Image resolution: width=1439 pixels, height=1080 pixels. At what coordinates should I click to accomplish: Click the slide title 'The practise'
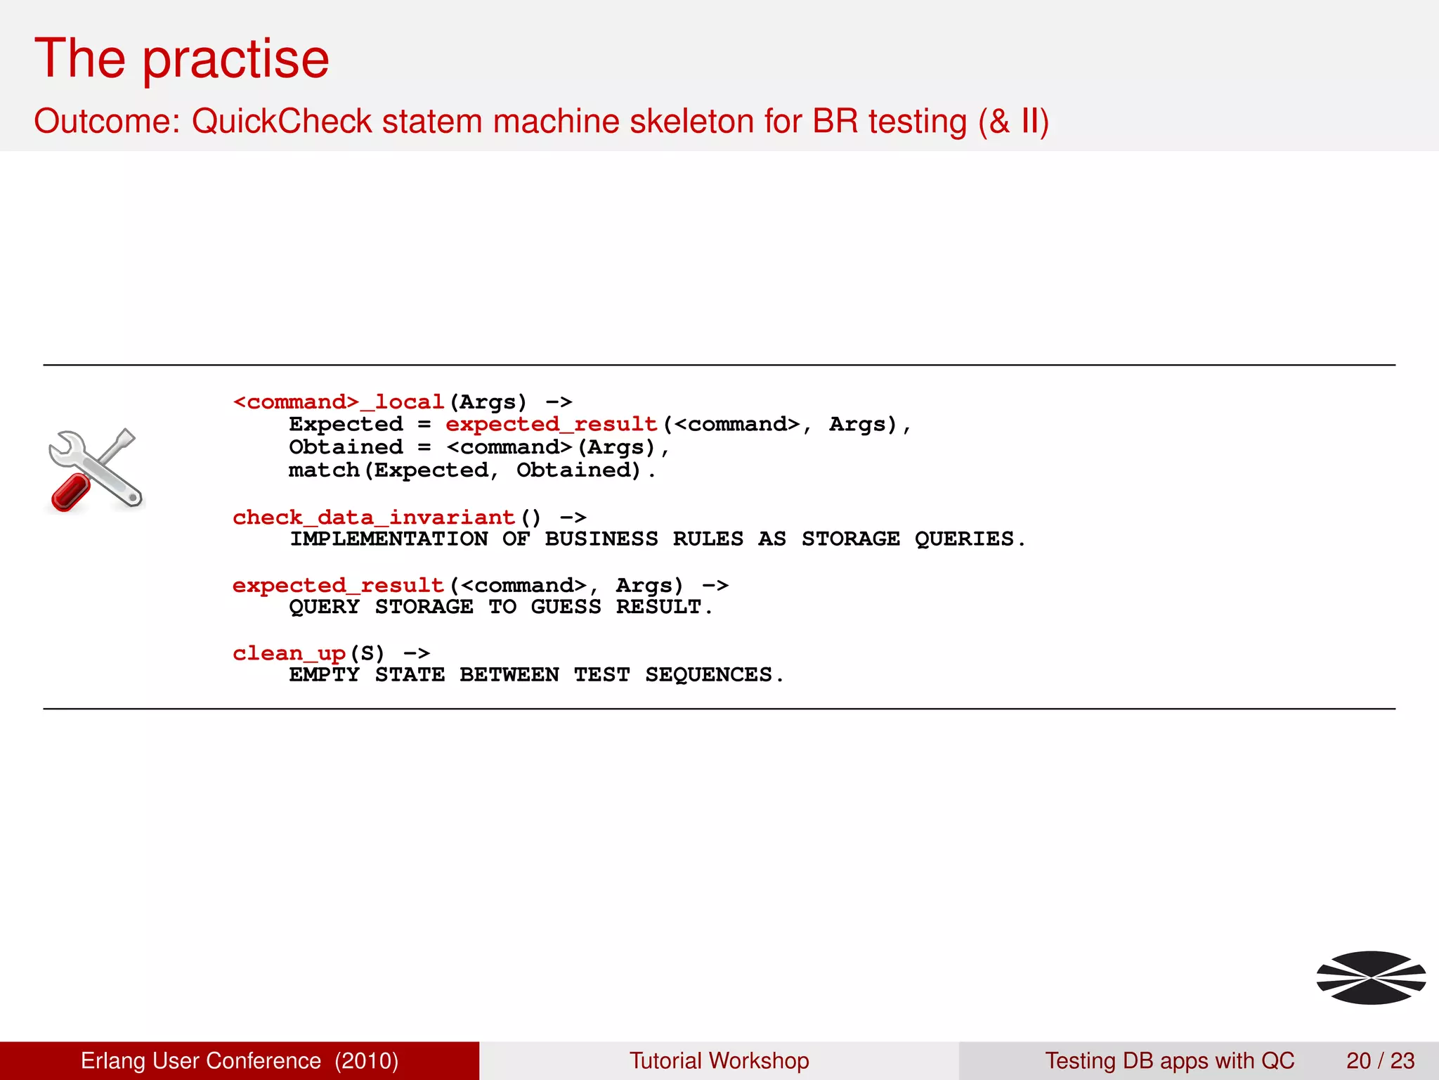(x=181, y=59)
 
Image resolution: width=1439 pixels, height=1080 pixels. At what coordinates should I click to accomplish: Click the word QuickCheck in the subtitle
(x=282, y=121)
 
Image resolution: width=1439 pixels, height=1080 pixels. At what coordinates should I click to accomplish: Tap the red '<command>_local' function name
(x=338, y=402)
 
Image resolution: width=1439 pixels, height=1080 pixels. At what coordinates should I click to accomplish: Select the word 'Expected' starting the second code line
(x=346, y=425)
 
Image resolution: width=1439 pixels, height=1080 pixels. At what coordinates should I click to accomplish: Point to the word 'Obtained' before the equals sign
(x=346, y=447)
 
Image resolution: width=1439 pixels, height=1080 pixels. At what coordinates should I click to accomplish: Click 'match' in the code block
(x=324, y=470)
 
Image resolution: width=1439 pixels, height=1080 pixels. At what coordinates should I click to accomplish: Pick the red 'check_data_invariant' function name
(x=374, y=517)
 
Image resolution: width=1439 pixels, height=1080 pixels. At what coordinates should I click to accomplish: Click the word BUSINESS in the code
(x=601, y=539)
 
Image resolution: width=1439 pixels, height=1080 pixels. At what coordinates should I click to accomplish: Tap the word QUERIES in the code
(x=964, y=539)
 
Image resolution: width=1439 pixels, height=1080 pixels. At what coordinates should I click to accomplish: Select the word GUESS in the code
(x=566, y=607)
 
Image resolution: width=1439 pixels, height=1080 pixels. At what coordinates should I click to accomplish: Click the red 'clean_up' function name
(x=289, y=653)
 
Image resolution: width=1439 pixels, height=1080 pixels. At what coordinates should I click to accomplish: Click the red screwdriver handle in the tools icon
(x=70, y=492)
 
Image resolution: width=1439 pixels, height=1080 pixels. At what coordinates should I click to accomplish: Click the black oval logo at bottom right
(x=1371, y=977)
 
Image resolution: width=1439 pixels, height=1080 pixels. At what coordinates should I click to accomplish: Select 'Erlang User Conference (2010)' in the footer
(x=240, y=1060)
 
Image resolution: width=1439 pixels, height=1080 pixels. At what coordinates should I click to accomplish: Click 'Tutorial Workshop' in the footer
(x=719, y=1060)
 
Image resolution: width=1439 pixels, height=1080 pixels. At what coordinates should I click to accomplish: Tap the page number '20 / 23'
(x=1380, y=1060)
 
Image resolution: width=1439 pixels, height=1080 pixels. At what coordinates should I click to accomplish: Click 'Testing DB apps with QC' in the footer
(x=1169, y=1060)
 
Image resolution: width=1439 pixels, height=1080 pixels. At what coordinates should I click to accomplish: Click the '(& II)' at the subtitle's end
(x=1013, y=121)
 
